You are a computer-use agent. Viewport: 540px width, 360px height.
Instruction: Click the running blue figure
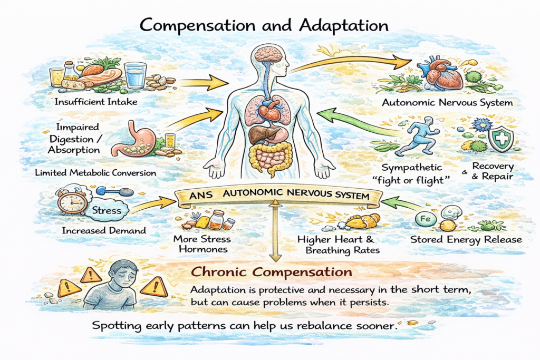(x=418, y=136)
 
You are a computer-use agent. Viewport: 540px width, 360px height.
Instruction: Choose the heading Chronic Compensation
(x=271, y=273)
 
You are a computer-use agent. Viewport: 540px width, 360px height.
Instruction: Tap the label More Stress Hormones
(x=201, y=244)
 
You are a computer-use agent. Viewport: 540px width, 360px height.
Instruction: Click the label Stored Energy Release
(x=466, y=240)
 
